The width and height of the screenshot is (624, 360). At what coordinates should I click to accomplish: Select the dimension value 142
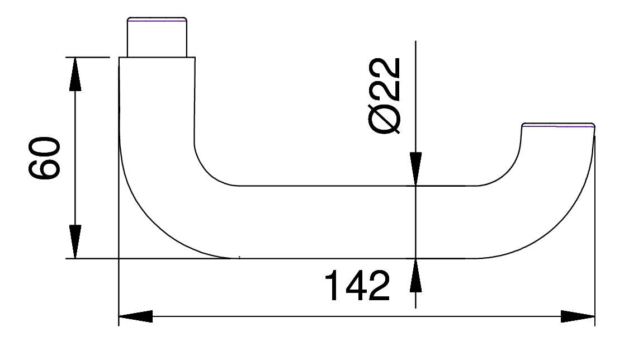(356, 286)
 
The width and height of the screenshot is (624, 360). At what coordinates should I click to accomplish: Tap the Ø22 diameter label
(386, 95)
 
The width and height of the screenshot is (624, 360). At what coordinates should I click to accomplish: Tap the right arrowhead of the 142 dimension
(578, 317)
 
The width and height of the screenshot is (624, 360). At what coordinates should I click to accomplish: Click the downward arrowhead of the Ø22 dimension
(415, 169)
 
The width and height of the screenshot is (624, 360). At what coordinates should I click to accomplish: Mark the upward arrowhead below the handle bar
(415, 275)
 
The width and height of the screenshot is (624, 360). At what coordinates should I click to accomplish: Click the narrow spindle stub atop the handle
(157, 38)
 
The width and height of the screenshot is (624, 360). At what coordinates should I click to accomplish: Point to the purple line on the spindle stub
(157, 21)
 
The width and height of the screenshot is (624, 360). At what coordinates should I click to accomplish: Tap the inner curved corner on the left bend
(207, 170)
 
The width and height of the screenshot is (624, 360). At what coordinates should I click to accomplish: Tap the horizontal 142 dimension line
(358, 317)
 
